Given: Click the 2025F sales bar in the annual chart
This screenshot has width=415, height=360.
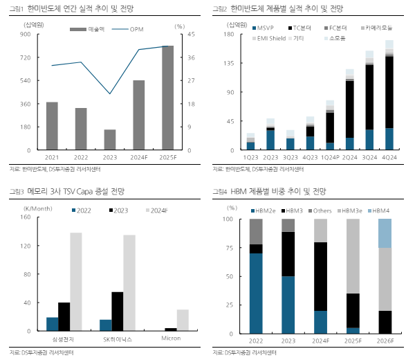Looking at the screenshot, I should pyautogui.click(x=167, y=98).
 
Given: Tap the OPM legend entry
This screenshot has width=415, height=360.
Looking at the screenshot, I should pyautogui.click(x=136, y=29).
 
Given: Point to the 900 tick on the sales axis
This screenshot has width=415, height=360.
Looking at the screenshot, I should pyautogui.click(x=25, y=34).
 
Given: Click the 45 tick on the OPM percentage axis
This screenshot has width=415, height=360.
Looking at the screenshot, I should pyautogui.click(x=191, y=34).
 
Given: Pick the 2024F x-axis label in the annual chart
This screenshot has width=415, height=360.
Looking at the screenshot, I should pyautogui.click(x=138, y=157).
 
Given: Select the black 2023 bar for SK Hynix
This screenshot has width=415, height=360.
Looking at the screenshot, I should pyautogui.click(x=117, y=312).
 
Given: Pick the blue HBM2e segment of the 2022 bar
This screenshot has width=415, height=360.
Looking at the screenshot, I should pyautogui.click(x=256, y=294).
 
